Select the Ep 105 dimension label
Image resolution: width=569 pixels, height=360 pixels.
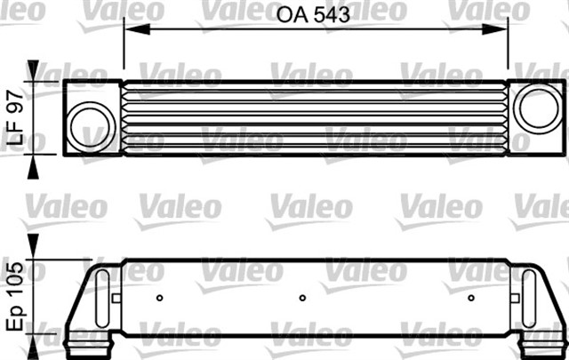(x=14, y=299)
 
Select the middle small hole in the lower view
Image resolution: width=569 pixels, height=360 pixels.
(x=302, y=298)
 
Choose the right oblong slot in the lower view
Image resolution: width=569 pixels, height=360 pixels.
(x=528, y=297)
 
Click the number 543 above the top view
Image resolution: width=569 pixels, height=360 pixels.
(x=331, y=14)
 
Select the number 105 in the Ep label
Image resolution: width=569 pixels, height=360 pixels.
(x=14, y=283)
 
